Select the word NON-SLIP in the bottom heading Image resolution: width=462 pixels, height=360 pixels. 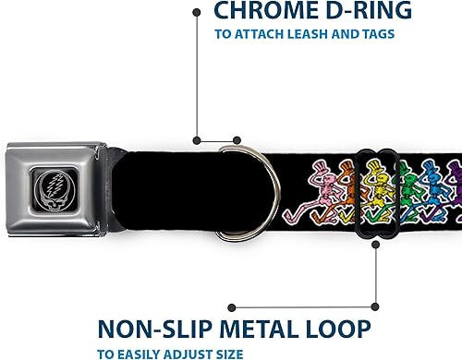click(x=152, y=330)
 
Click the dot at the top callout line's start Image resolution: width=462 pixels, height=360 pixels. click(x=196, y=12)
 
